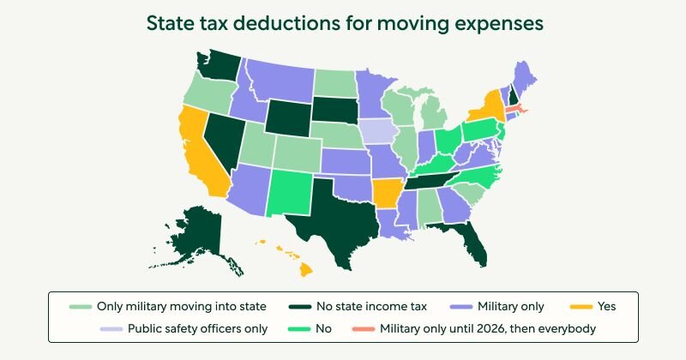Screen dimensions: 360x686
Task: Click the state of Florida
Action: click(x=470, y=244)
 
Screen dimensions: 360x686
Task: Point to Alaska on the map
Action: click(x=199, y=236)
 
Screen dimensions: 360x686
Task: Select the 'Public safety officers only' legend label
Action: click(x=198, y=327)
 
